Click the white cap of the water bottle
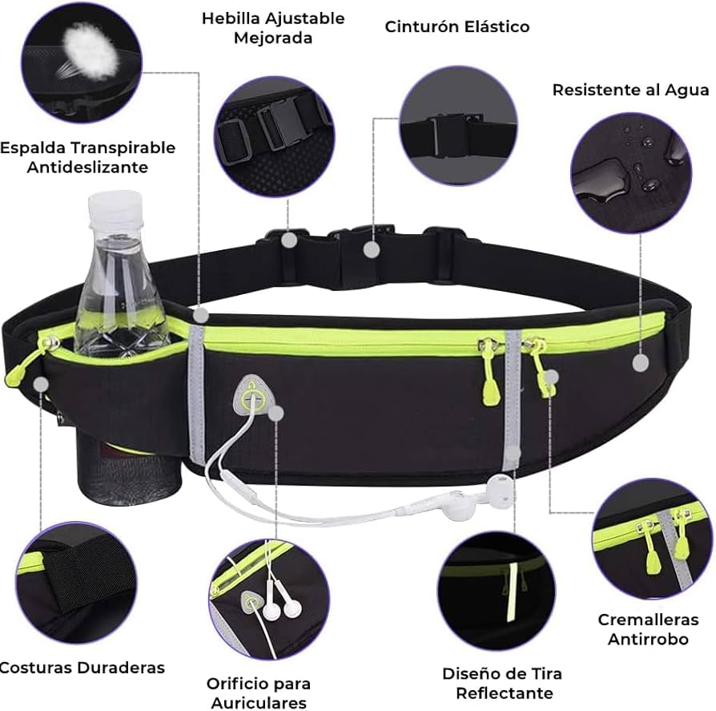pyautogui.click(x=115, y=208)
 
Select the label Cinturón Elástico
pyautogui.click(x=457, y=26)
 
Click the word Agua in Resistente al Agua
pyautogui.click(x=686, y=90)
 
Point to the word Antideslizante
pyautogui.click(x=87, y=167)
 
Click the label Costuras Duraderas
pyautogui.click(x=82, y=668)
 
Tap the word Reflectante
pyautogui.click(x=505, y=693)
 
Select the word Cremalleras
pyautogui.click(x=648, y=620)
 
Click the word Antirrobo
pyautogui.click(x=648, y=639)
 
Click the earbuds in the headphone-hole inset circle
pyautogui.click(x=281, y=601)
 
